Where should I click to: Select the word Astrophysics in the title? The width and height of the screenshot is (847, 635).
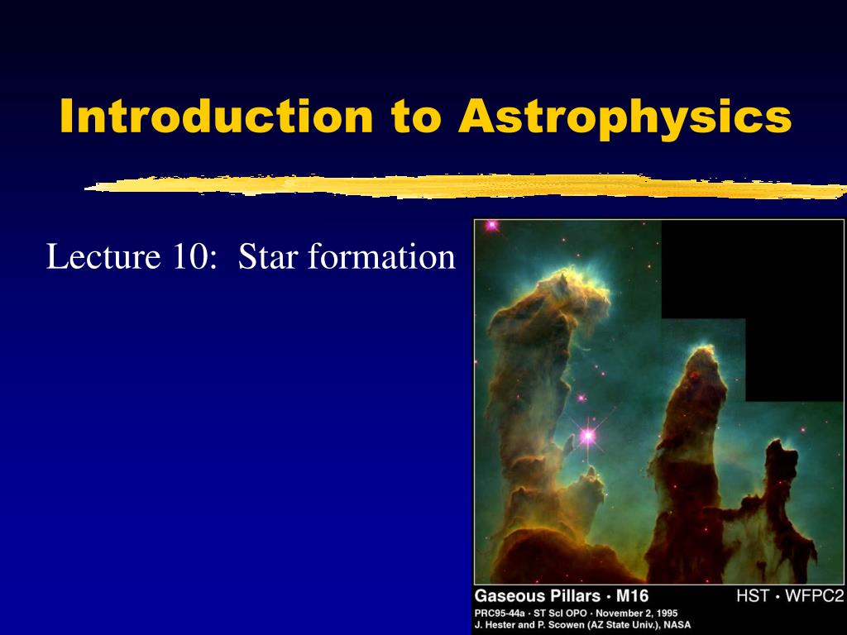pyautogui.click(x=625, y=117)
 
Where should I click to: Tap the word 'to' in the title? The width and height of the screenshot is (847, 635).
pyautogui.click(x=416, y=117)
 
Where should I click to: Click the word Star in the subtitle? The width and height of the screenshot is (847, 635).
pyautogui.click(x=269, y=257)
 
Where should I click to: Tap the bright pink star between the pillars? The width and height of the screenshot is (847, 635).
pyautogui.click(x=588, y=434)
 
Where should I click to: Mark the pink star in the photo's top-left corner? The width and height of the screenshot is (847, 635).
pyautogui.click(x=491, y=225)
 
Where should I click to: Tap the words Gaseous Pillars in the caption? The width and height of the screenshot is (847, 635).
pyautogui.click(x=538, y=596)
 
